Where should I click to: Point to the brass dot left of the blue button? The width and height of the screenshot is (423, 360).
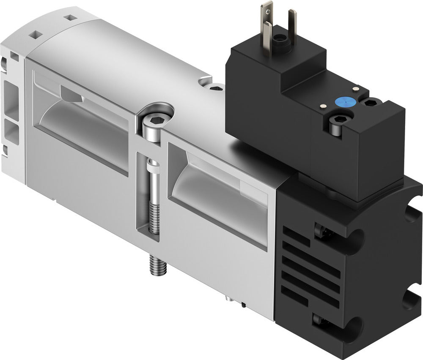coord(323,106)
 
